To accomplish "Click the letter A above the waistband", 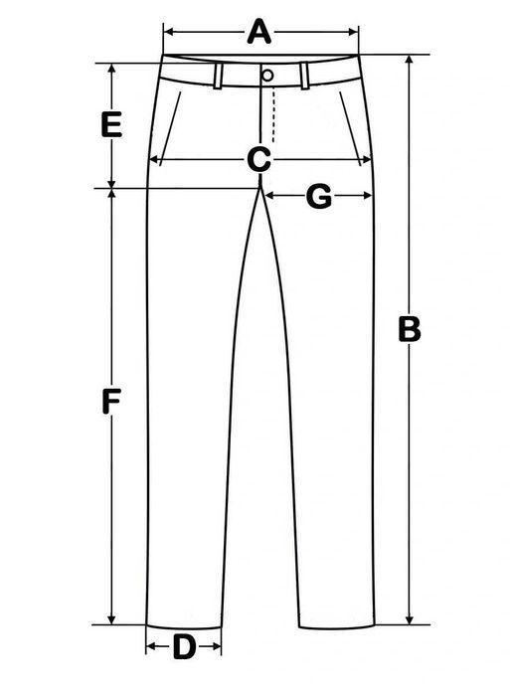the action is pyautogui.click(x=259, y=32).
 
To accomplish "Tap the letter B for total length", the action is pyautogui.click(x=410, y=329).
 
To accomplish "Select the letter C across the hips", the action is pyautogui.click(x=259, y=159).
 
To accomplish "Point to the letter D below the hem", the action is pyautogui.click(x=184, y=646).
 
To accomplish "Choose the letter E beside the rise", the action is pyautogui.click(x=111, y=124).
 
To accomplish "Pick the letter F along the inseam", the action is pyautogui.click(x=111, y=401).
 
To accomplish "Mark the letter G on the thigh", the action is pyautogui.click(x=319, y=196).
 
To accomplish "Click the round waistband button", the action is pyautogui.click(x=267, y=75).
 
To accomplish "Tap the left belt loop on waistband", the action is pyautogui.click(x=218, y=77).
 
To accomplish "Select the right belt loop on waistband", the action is pyautogui.click(x=304, y=77).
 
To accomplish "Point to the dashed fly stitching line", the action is pyautogui.click(x=273, y=115).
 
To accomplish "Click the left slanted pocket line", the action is pyautogui.click(x=170, y=128).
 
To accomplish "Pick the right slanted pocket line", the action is pyautogui.click(x=351, y=128).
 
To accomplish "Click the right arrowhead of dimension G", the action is pyautogui.click(x=367, y=196).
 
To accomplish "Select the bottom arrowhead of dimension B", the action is pyautogui.click(x=411, y=619).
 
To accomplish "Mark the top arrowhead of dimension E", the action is pyautogui.click(x=112, y=69).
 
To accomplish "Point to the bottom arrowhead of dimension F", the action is pyautogui.click(x=111, y=619).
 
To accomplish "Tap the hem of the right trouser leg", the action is pyautogui.click(x=337, y=627).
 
